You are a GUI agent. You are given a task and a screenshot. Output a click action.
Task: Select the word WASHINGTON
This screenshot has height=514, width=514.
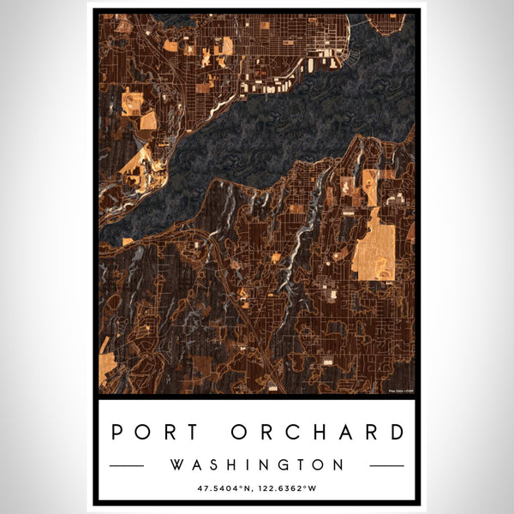click(257, 465)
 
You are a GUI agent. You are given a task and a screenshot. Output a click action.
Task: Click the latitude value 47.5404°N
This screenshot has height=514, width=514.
click(226, 489)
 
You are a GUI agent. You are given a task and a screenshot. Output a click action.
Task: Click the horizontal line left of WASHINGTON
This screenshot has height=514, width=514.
click(128, 466)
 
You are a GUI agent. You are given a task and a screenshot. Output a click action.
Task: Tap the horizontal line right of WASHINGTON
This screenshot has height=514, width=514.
click(386, 466)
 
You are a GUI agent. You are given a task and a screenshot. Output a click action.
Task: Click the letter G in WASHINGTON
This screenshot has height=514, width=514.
click(285, 465)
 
